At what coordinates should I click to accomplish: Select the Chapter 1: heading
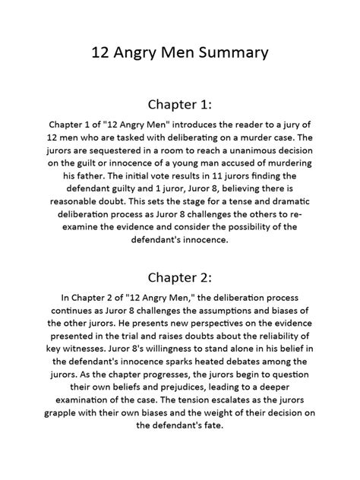[x=179, y=103]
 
